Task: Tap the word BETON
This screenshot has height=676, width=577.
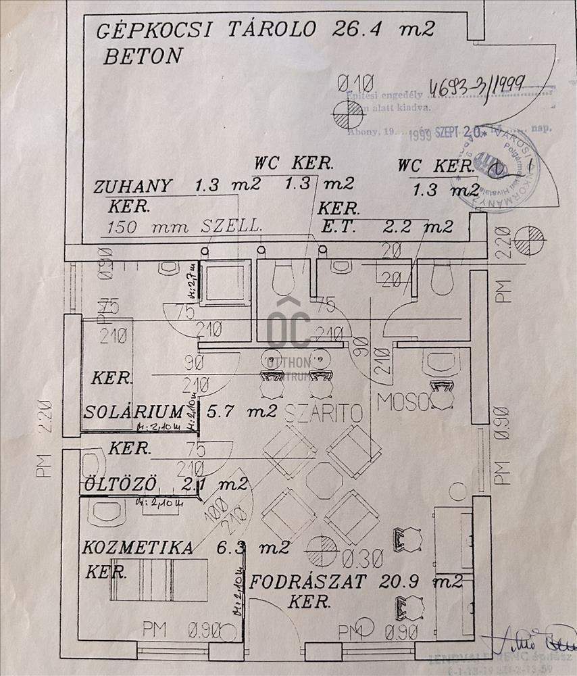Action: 143,56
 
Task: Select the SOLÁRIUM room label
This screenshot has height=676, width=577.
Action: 134,411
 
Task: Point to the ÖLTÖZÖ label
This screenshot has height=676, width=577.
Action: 121,484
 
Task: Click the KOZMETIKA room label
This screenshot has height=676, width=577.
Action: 138,547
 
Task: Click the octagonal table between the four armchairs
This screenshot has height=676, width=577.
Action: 324,480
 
